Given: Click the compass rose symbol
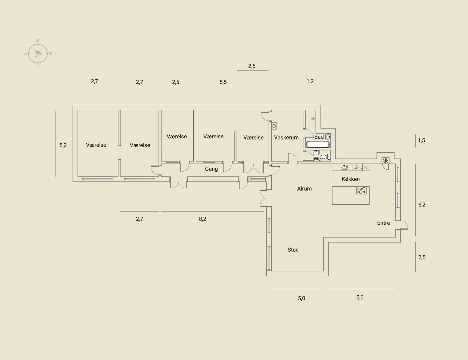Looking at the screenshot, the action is coord(38,54).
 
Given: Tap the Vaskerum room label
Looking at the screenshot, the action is coord(286,137).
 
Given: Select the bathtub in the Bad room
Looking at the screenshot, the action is coord(318,144).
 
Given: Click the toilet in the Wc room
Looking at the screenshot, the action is coord(325,156).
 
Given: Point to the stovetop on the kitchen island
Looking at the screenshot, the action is coord(361,190).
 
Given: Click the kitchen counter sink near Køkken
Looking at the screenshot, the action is coord(344,167).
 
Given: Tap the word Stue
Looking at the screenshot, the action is coord(293,250).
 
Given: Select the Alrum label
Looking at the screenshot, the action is coord(304,189).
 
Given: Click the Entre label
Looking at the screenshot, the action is coord(383,223).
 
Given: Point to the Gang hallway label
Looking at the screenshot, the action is coord(211,169).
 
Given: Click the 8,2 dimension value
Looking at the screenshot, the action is coord(202,219).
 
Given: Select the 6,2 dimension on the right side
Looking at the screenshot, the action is coord(422,204).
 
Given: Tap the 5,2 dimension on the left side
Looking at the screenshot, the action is coord(63,145).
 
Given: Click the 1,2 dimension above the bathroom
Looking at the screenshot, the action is coord(310,81).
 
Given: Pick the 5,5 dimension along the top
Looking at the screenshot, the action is coord(223,82).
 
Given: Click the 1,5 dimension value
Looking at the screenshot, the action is coord(421,140).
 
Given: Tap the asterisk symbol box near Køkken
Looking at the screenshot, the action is coord(386,161).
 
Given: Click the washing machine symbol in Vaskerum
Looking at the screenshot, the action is coord(274,126).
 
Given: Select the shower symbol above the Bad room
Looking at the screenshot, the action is coord(313,119).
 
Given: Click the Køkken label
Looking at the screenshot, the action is coord(351,179).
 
